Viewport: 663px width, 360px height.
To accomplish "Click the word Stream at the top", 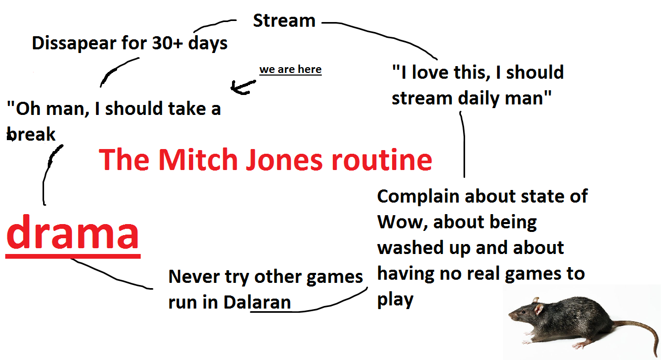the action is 284,20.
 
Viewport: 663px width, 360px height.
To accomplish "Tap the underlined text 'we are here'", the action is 290,70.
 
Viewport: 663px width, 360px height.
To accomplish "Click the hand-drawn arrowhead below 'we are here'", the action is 243,87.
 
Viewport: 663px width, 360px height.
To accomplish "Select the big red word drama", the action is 72,231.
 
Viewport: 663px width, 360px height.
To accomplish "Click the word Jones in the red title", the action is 284,160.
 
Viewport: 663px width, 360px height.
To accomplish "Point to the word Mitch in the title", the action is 198,160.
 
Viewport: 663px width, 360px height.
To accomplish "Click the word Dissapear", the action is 74,44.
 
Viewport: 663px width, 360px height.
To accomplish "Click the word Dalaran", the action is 257,302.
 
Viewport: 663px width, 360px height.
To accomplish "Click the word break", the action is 31,134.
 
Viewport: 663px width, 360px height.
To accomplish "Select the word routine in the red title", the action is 382,160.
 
